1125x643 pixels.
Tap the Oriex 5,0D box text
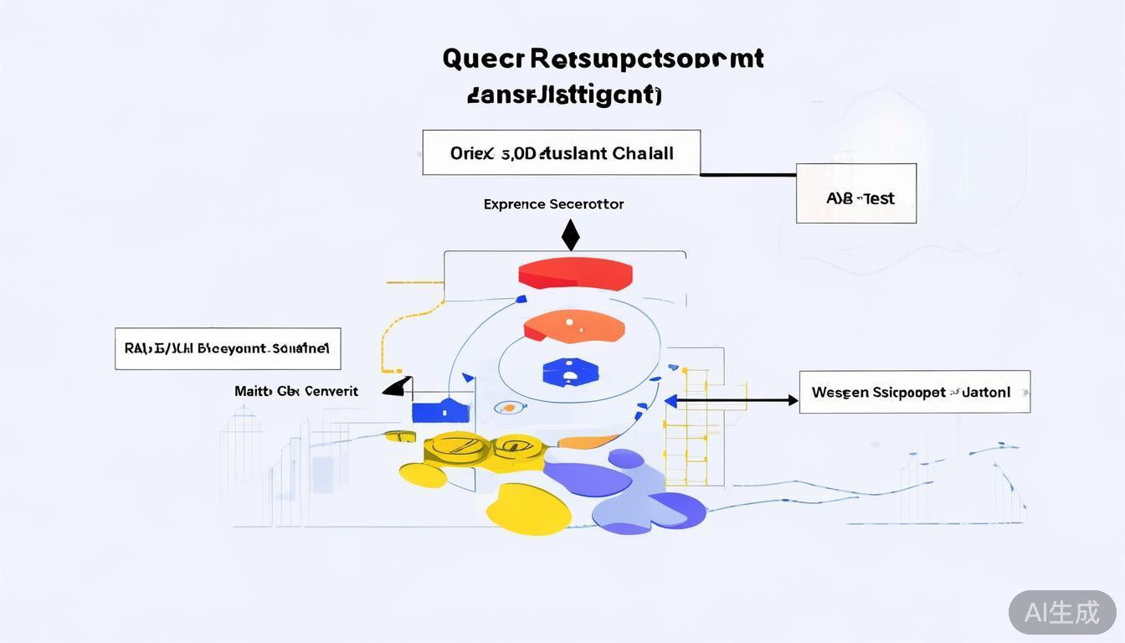[561, 153]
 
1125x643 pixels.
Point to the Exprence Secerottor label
[553, 204]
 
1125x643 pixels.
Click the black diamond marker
[570, 235]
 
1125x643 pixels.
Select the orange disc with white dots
[574, 327]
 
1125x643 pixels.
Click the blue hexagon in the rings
[570, 372]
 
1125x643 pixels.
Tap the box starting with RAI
[227, 348]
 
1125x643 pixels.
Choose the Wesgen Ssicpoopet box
[914, 392]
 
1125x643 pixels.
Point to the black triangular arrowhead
[398, 387]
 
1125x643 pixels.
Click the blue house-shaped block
[439, 410]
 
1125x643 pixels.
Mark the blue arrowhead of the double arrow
[670, 401]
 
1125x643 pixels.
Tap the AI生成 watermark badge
[1061, 612]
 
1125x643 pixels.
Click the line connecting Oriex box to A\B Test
[747, 175]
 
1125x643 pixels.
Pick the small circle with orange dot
[506, 408]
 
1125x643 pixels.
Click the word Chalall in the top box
[643, 153]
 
